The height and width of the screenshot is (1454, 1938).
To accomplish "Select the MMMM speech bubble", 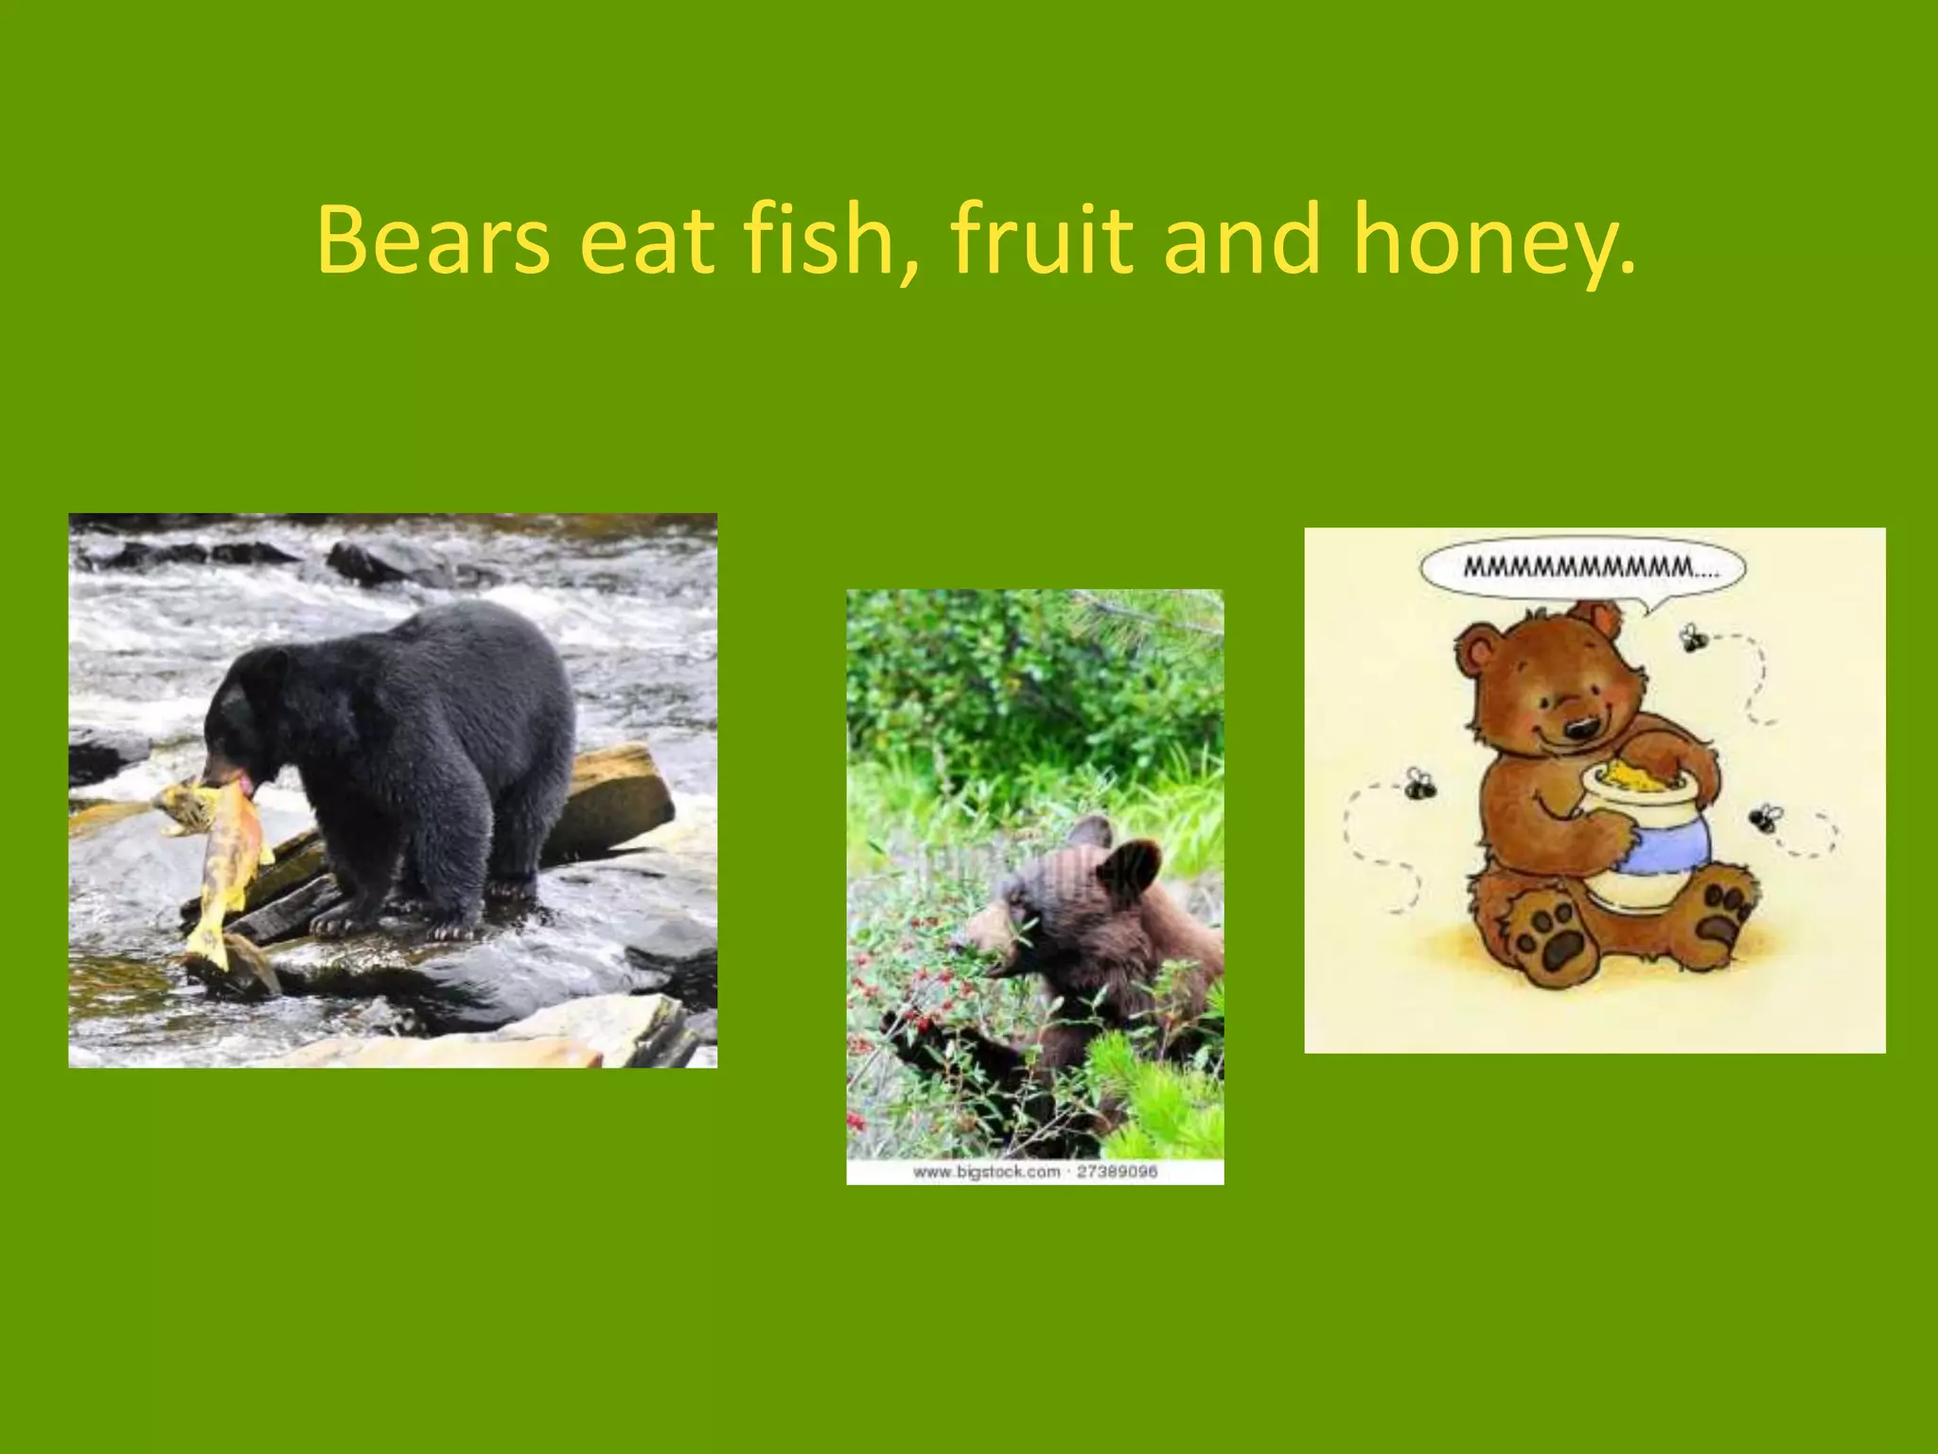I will [1582, 569].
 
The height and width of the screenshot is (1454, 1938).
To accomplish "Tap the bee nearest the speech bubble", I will [1695, 638].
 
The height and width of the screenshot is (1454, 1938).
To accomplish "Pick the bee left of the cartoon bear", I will [1418, 784].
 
